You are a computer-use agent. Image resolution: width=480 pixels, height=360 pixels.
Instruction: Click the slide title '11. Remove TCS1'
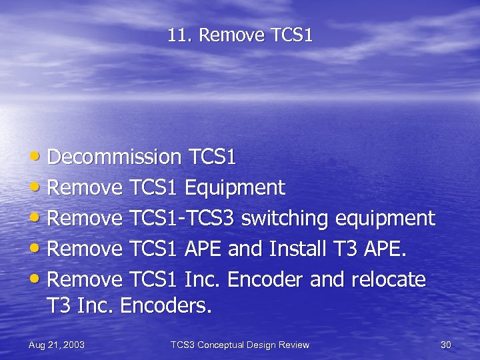[240, 35]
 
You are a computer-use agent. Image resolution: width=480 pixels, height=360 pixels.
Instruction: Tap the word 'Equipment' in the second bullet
[235, 188]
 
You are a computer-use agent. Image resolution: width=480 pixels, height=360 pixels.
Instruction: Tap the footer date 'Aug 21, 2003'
[57, 345]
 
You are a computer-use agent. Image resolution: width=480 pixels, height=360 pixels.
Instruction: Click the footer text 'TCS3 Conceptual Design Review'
[240, 345]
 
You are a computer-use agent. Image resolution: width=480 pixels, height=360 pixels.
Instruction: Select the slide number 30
[446, 345]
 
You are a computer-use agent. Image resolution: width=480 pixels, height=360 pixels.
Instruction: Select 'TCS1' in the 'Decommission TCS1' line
[213, 157]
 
